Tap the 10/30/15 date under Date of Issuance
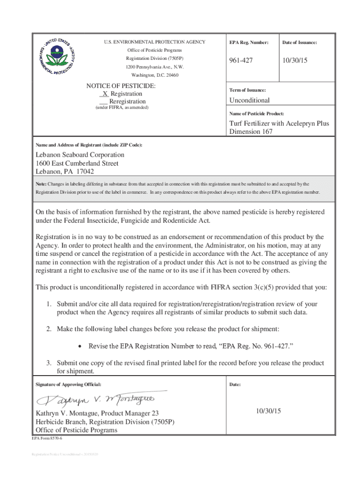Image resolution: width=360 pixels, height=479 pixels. click(x=297, y=61)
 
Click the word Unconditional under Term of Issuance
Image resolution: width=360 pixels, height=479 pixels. click(x=249, y=100)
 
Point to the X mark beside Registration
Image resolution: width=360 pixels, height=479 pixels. click(x=105, y=94)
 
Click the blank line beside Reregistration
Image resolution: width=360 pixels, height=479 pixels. click(x=104, y=102)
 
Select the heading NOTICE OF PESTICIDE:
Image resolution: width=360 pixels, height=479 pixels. click(x=121, y=86)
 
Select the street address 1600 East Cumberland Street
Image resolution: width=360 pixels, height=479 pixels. click(x=77, y=163)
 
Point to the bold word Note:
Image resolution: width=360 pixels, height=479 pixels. click(x=41, y=184)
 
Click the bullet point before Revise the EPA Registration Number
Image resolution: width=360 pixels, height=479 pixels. click(x=81, y=346)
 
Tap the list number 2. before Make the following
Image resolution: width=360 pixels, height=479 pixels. click(x=49, y=329)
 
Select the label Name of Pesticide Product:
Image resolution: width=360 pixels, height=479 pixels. click(x=257, y=114)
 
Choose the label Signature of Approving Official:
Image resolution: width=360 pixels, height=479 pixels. click(x=68, y=385)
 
